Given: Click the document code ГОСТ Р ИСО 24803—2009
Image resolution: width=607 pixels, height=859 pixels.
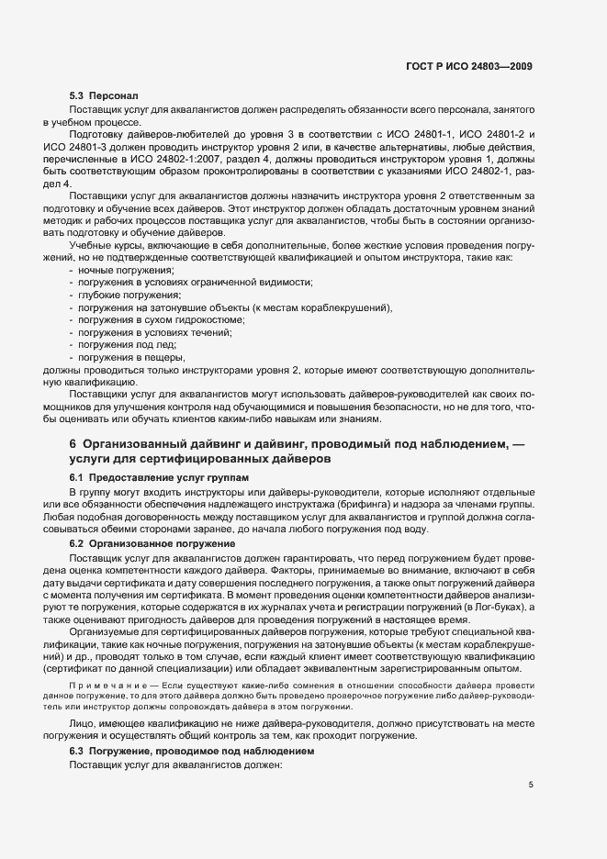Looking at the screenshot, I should (x=468, y=67).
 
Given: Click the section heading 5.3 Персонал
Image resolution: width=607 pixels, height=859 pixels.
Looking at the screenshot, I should (x=104, y=95).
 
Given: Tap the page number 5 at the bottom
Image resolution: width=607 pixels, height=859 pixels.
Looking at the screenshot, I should (x=531, y=784).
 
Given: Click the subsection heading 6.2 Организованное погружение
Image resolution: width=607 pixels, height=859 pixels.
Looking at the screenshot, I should (x=152, y=543).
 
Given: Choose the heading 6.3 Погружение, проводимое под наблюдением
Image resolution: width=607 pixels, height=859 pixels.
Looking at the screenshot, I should (x=192, y=750).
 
